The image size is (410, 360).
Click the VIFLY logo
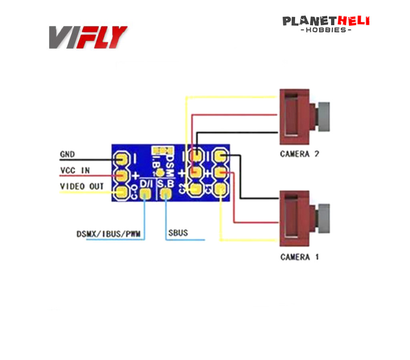(x=88, y=37)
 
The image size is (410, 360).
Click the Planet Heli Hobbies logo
(x=326, y=24)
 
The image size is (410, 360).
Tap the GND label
(x=67, y=154)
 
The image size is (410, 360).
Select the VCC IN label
(x=75, y=170)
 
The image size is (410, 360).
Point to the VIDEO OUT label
(x=82, y=186)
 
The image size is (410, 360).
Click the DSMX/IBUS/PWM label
(x=109, y=234)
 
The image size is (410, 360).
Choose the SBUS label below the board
(x=178, y=232)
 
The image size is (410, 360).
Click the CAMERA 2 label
(x=299, y=154)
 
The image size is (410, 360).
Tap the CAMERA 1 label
(x=299, y=257)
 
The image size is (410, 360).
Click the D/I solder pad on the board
(x=145, y=195)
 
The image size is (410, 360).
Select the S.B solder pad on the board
(x=165, y=195)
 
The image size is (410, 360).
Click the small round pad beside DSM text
(x=160, y=173)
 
